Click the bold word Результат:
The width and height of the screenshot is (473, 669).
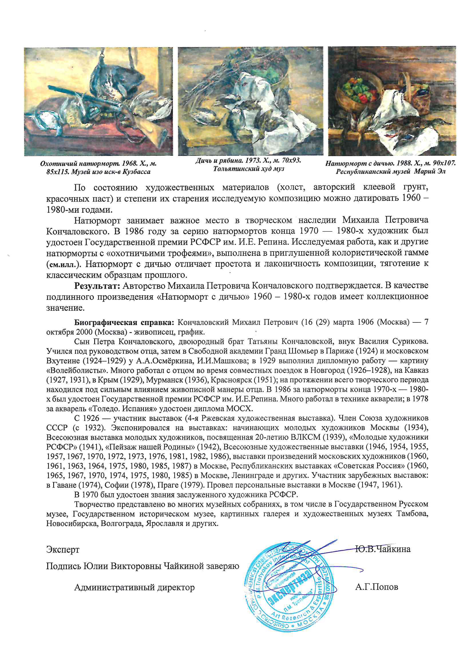pyautogui.click(x=97, y=286)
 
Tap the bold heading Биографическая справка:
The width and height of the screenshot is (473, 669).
pyautogui.click(x=124, y=322)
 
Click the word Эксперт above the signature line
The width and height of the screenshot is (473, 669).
pyautogui.click(x=63, y=549)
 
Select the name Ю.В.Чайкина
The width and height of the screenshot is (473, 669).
pyautogui.click(x=383, y=549)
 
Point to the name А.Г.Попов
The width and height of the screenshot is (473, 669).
pyautogui.click(x=377, y=587)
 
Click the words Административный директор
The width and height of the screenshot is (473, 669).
pyautogui.click(x=134, y=587)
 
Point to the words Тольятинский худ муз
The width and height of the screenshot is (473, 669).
pyautogui.click(x=248, y=169)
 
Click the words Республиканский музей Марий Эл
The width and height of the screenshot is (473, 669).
pyautogui.click(x=391, y=172)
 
